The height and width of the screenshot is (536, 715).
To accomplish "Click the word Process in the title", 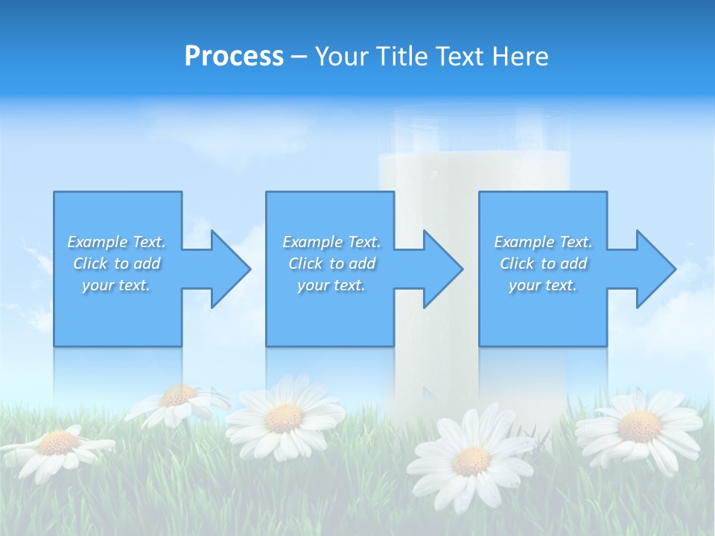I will click(234, 57).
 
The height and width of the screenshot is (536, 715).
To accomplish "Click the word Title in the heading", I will click(401, 57).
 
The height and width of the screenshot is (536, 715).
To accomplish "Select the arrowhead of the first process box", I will click(230, 269).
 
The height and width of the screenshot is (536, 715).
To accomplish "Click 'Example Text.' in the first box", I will click(116, 242).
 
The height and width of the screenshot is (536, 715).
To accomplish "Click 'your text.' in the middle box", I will click(331, 285).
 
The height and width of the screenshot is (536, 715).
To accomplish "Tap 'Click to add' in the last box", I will click(543, 264).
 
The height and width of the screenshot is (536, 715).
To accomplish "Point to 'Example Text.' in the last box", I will click(543, 242).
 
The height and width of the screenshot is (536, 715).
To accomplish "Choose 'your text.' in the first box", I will click(116, 285).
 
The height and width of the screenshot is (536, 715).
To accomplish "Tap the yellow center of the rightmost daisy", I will click(639, 427).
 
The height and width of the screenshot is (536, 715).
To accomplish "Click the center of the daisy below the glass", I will click(471, 460).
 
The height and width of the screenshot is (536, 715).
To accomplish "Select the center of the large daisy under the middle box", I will click(284, 418).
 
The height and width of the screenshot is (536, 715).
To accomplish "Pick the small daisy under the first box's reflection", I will click(179, 397).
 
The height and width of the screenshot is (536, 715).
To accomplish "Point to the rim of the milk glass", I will click(474, 116).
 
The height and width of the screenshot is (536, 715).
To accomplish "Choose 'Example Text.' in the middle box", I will click(331, 242).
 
